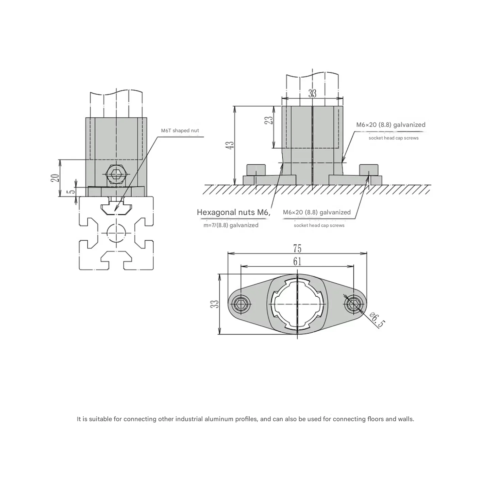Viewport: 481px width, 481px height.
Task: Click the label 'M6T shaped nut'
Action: coord(180,131)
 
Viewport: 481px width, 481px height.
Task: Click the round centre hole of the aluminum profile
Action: coord(116,233)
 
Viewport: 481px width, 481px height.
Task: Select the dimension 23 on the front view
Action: coord(269,120)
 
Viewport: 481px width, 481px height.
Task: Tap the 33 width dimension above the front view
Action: coord(312,94)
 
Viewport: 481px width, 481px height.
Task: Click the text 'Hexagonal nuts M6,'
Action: coord(234,213)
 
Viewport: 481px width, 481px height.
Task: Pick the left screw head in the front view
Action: coord(256,169)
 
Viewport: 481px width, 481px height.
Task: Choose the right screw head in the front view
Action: coord(369,169)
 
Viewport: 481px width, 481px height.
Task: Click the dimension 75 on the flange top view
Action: coord(297,249)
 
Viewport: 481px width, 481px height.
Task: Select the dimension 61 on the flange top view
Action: coord(297,261)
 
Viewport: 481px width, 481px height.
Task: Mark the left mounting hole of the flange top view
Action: coord(242,303)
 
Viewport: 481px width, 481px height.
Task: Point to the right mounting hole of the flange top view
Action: coord(353,303)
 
